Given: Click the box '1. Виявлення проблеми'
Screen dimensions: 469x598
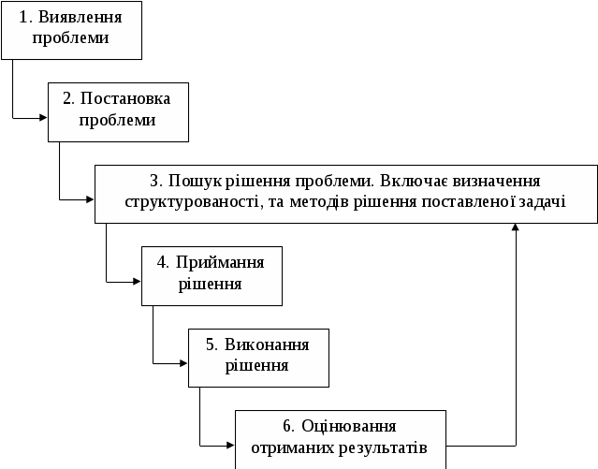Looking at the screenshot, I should click(71, 29).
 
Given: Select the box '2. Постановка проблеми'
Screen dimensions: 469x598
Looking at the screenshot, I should click(118, 110).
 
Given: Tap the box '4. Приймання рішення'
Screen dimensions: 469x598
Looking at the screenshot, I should click(211, 274).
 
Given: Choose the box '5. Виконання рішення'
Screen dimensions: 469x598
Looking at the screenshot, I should click(258, 356).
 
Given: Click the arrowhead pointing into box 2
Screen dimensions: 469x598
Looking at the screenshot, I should click(43, 117).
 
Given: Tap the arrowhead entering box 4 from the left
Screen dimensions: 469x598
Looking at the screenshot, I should click(137, 281).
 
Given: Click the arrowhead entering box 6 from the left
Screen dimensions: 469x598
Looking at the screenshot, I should click(230, 445).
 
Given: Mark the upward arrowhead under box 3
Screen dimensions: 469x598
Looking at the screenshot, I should click(516, 227).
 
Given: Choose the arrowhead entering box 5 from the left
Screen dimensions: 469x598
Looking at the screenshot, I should click(183, 363).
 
